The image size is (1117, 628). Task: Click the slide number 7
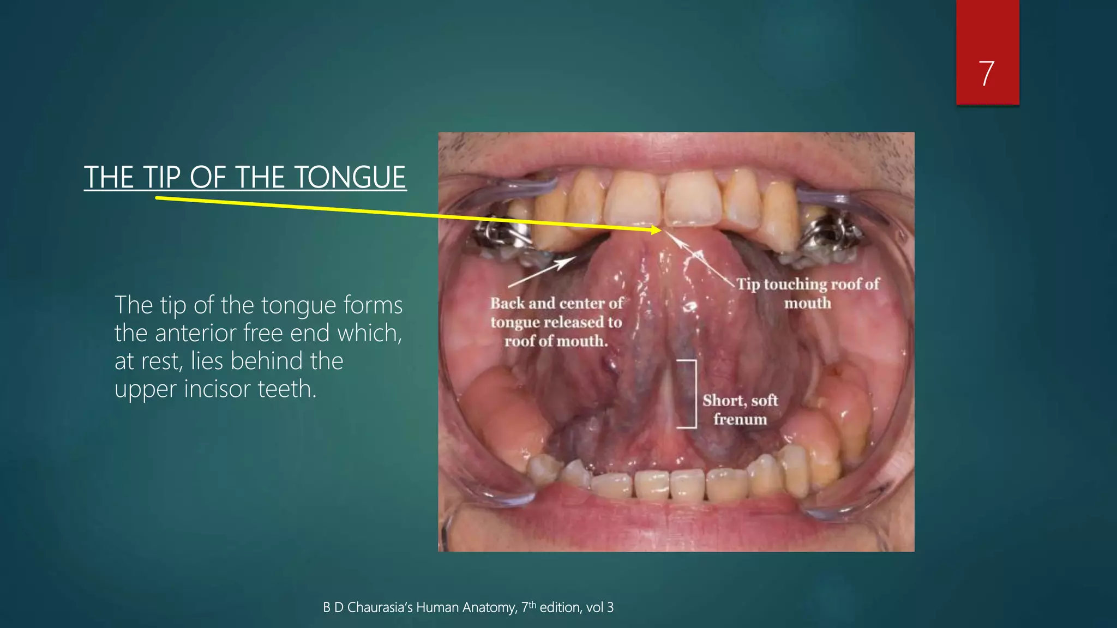987,74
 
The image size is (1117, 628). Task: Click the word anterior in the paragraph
196,333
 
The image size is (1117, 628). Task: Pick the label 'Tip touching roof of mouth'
807,293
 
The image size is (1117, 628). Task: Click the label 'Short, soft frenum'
740,409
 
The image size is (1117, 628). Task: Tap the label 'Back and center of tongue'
556,322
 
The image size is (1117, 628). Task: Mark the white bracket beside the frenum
694,394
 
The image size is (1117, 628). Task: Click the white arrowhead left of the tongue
567,262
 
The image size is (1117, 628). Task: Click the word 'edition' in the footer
560,607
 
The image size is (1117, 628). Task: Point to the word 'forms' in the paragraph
373,305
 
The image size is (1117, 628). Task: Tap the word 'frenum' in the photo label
740,419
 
